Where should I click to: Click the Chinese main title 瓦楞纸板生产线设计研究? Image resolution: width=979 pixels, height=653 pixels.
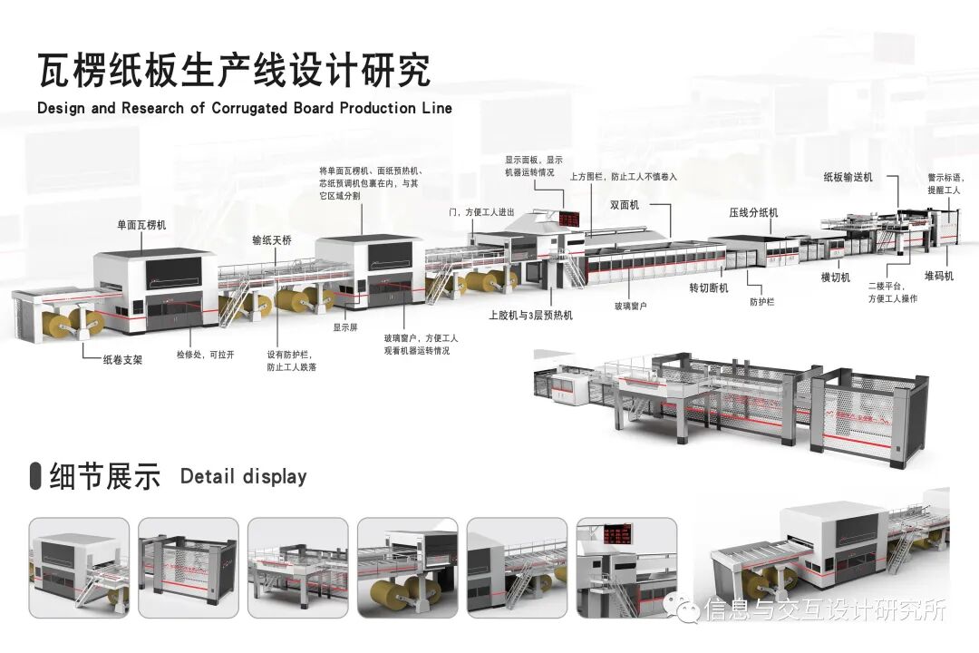tap(234, 70)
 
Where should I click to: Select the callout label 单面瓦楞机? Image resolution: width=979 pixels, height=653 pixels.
tap(142, 223)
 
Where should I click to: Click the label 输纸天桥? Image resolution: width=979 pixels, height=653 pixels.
tap(272, 241)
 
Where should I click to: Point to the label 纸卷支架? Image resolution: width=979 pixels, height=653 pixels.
tap(123, 359)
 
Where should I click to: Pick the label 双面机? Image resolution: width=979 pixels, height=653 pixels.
tap(625, 206)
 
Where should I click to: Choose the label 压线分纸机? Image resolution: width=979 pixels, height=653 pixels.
tap(753, 212)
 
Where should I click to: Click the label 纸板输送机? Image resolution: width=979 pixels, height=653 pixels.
tap(848, 178)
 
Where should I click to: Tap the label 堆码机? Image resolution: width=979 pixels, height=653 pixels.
tap(939, 276)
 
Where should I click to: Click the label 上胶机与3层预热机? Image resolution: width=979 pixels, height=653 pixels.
tap(530, 316)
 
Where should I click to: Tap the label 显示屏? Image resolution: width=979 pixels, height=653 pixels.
tap(345, 327)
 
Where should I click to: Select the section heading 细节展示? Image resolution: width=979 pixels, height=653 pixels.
tap(105, 476)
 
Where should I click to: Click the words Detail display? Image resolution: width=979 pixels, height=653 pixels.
tap(243, 476)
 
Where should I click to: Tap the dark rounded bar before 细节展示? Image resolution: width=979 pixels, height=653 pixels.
tap(35, 475)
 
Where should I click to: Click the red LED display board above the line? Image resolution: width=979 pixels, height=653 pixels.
tap(571, 219)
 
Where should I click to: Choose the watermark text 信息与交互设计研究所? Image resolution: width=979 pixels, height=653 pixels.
tap(825, 609)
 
